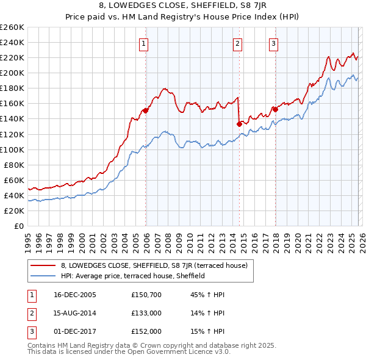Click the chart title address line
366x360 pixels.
(183, 7)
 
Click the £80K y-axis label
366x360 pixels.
(13, 165)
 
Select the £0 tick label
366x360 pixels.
(18, 226)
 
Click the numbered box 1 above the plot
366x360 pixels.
(143, 43)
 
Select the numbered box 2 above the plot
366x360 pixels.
(237, 43)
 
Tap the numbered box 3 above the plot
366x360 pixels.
(273, 43)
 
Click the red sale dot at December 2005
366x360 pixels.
(146, 110)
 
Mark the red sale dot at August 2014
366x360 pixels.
(239, 124)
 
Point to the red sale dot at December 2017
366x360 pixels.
(275, 109)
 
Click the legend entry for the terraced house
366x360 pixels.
(154, 265)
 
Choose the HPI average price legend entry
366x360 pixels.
(132, 276)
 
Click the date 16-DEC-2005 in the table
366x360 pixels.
(74, 295)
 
